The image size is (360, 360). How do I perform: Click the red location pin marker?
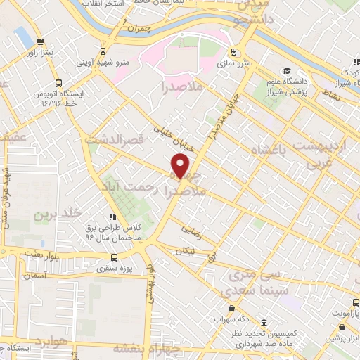181,167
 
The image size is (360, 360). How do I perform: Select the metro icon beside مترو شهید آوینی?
104,51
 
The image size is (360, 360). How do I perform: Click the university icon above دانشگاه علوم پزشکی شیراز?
287,70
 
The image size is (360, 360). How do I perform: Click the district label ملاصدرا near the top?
181,89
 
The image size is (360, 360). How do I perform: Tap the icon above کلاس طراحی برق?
111,217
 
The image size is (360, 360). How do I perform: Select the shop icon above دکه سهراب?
231,308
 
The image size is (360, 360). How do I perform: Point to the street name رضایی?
191,229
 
